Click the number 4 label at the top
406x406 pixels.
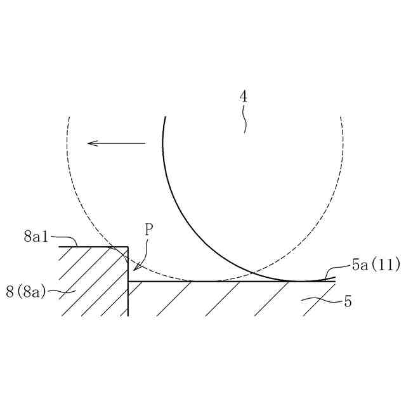click(x=244, y=97)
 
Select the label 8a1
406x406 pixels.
click(x=35, y=237)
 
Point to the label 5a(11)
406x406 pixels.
click(x=376, y=265)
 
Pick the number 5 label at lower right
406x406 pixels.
click(x=348, y=301)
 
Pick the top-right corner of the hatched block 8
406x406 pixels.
click(x=128, y=247)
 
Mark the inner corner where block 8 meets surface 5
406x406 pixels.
click(x=129, y=281)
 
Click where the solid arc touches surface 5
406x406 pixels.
click(x=299, y=281)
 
